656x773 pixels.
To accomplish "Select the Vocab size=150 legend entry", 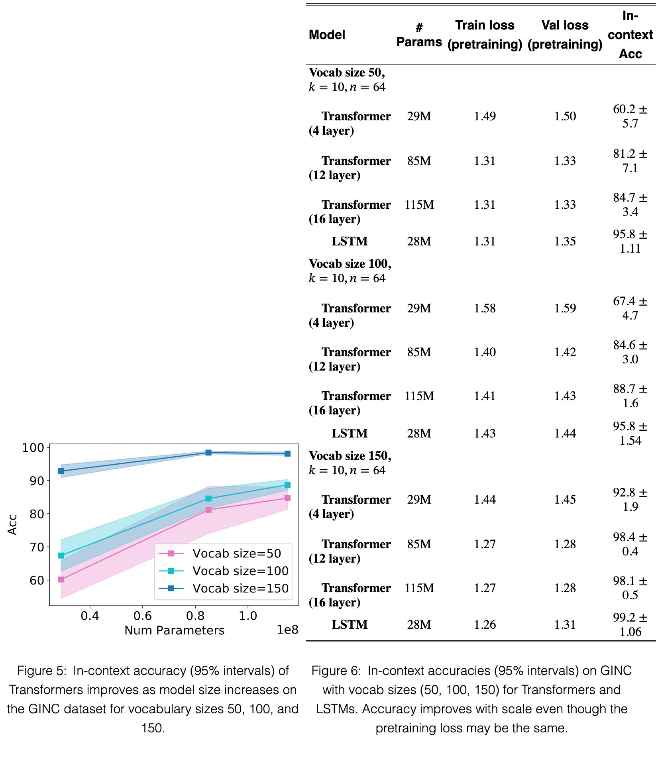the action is [x=224, y=589].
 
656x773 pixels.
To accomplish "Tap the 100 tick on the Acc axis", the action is [x=33, y=447].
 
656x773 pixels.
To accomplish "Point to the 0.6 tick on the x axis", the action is [x=143, y=616].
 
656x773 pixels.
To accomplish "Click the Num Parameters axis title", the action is [x=175, y=630].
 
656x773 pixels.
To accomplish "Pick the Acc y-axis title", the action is [x=12, y=525].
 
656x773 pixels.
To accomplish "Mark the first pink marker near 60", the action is [x=61, y=579].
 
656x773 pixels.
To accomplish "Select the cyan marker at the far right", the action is [x=287, y=485].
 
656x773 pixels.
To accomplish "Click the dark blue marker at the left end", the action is [x=61, y=471].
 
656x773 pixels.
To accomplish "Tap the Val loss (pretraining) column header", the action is [x=565, y=35].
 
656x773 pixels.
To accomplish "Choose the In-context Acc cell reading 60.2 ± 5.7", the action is [x=630, y=116].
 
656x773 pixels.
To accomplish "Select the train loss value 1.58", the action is [x=485, y=308].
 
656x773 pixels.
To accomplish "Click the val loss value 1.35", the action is [x=565, y=241].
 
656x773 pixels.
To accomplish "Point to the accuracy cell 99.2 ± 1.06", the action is [x=630, y=625].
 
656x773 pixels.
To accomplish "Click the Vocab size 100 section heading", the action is [x=350, y=271].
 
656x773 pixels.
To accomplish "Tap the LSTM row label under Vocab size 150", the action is [x=350, y=624].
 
